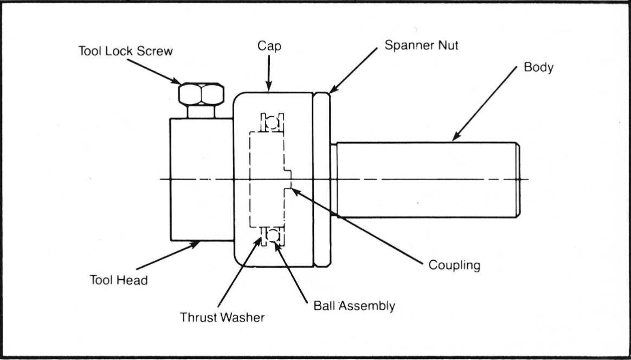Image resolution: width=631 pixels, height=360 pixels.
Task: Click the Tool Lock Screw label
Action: (x=125, y=51)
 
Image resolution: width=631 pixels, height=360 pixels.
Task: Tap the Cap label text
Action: (x=269, y=46)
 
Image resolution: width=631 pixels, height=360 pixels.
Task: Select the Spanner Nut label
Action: (x=421, y=45)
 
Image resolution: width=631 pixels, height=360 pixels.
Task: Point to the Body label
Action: (x=538, y=67)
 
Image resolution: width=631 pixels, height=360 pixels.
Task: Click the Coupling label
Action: (x=454, y=265)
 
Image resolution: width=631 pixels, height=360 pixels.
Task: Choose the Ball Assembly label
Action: (x=354, y=306)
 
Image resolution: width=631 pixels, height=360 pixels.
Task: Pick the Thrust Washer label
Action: (x=222, y=317)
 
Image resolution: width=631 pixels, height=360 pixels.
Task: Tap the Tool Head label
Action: (x=119, y=280)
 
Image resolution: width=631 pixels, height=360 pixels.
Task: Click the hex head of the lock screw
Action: (x=201, y=94)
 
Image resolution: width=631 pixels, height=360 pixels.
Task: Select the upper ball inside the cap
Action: (x=272, y=122)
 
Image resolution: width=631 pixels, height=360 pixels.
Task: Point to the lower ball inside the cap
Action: (x=273, y=235)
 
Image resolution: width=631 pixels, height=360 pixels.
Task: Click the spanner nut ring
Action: (x=322, y=180)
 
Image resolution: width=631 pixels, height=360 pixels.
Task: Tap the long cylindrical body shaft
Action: (x=425, y=180)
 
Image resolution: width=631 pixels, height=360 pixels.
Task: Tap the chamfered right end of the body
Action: (x=518, y=180)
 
